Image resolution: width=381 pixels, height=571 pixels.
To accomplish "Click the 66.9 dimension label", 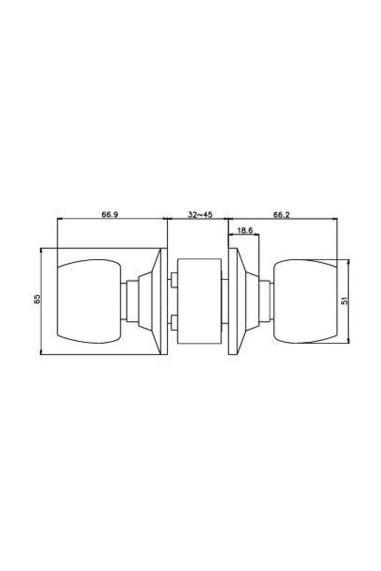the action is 110,214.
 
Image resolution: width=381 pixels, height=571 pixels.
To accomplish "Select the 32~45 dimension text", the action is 200,214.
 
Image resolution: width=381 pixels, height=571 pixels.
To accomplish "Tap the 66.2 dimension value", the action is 281,214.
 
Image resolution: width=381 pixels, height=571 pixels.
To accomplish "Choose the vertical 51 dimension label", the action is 344,301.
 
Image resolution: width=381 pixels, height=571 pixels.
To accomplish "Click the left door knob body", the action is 89,301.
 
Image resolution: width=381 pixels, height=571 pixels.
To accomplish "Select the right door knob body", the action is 305,301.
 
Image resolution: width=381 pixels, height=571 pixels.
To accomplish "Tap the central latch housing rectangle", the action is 199,301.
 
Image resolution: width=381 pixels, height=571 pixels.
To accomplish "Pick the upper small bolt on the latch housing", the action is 173,280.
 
